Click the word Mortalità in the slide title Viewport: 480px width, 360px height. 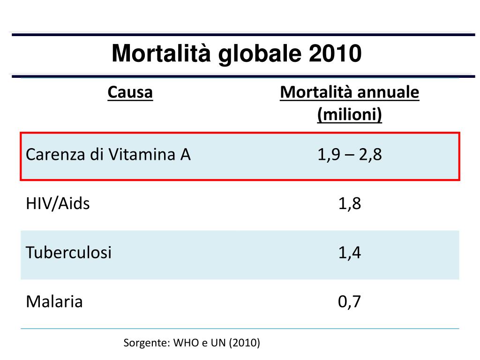pyautogui.click(x=161, y=53)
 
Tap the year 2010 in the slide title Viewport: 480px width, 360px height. pyautogui.click(x=335, y=53)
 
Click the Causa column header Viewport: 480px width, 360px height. pyautogui.click(x=130, y=92)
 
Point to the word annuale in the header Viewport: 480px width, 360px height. pyautogui.click(x=388, y=92)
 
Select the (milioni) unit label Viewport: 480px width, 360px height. pyautogui.click(x=349, y=114)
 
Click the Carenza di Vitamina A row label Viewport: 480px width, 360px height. pyautogui.click(x=108, y=155)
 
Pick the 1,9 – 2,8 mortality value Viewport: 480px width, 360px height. pyautogui.click(x=349, y=155)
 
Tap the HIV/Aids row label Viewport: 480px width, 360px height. pyautogui.click(x=58, y=203)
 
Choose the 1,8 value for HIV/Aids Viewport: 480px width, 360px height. pyautogui.click(x=349, y=203)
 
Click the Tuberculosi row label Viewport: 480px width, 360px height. pyautogui.click(x=69, y=253)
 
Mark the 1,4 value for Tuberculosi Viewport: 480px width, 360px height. pyautogui.click(x=349, y=253)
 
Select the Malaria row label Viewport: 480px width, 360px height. pyautogui.click(x=54, y=301)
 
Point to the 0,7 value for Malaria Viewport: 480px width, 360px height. pyautogui.click(x=349, y=301)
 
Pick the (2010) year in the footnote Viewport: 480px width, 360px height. pyautogui.click(x=245, y=343)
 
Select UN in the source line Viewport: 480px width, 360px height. pyautogui.click(x=218, y=343)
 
